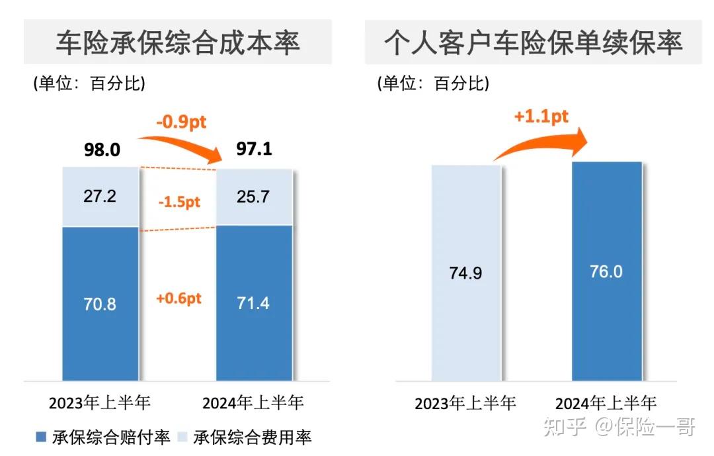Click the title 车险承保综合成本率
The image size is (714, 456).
[x=177, y=42]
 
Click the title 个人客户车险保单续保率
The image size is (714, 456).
[x=533, y=42]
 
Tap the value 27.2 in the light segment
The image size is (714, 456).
[x=100, y=197]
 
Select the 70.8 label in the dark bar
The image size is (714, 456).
[x=100, y=304]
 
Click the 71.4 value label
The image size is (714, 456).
[x=253, y=303]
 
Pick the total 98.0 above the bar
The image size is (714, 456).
[x=102, y=150]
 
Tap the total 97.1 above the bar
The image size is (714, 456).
[x=254, y=148]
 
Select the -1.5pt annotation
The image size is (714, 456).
[x=178, y=202]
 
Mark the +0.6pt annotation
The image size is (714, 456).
[x=178, y=298]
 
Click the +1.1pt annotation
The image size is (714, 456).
[x=541, y=117]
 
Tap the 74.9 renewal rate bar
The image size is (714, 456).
[x=466, y=273]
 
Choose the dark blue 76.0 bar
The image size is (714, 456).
[x=606, y=271]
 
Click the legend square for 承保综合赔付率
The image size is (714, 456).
[x=41, y=437]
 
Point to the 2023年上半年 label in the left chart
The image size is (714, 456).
[x=100, y=402]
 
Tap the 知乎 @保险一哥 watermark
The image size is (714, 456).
[x=618, y=427]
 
